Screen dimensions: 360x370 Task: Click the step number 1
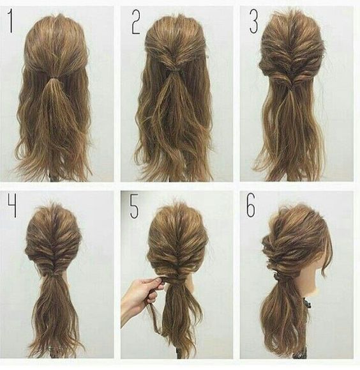pos(10,21)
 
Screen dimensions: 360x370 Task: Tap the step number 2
pos(136,22)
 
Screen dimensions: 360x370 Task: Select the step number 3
pos(254,22)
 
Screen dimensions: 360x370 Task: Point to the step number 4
pos(13,204)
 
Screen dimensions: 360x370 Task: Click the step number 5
pos(135,206)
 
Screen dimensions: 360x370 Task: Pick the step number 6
pos(251,205)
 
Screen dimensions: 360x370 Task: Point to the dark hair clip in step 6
pos(279,276)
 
